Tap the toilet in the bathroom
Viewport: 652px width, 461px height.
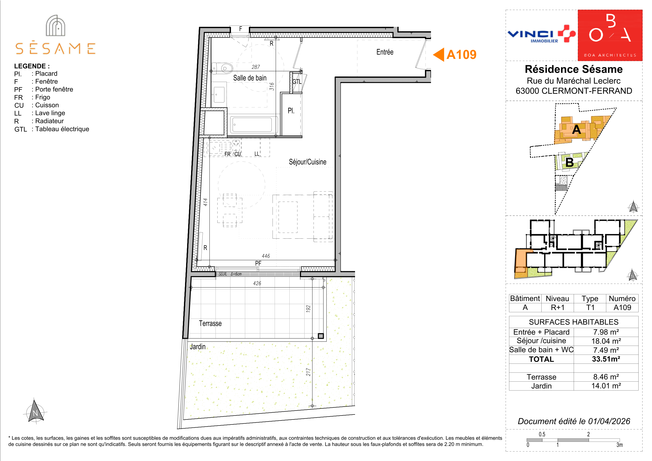(222, 68)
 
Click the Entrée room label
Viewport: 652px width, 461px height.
(385, 52)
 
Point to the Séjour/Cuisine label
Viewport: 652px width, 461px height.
(307, 162)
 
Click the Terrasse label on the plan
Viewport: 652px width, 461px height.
(210, 323)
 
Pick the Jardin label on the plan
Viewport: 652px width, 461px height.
(197, 346)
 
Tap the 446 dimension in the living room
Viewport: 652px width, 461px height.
(266, 256)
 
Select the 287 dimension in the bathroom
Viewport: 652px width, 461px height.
(256, 67)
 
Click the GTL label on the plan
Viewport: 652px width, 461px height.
(297, 82)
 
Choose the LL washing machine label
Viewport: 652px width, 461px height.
(257, 154)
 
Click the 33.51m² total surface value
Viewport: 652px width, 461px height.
(606, 359)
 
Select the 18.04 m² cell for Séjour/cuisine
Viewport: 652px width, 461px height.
(606, 341)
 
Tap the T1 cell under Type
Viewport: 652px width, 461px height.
(590, 307)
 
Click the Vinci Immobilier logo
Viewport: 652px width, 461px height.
(541, 34)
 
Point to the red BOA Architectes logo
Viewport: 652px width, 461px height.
(610, 35)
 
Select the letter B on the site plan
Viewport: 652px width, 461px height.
(569, 162)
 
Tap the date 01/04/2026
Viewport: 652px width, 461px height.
(609, 421)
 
